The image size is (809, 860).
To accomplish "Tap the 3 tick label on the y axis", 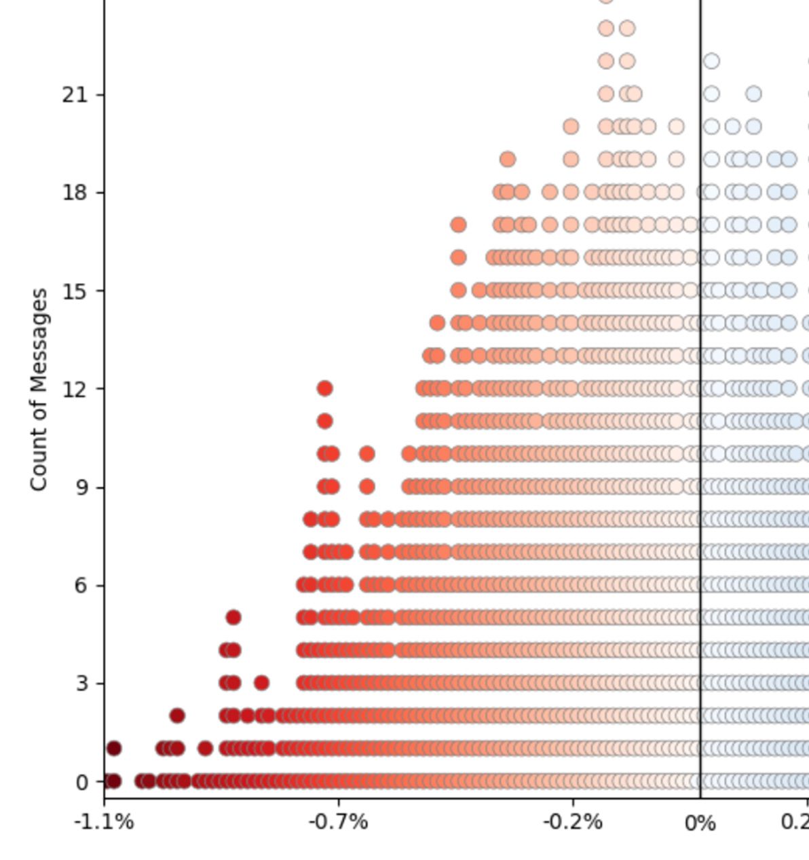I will click(81, 684).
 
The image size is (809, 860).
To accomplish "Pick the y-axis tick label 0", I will click(82, 783).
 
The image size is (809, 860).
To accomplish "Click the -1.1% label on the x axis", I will click(104, 823).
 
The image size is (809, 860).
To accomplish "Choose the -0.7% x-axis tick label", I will click(338, 823).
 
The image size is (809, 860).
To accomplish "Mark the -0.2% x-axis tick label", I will click(572, 823).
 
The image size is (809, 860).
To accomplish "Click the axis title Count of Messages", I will click(39, 389).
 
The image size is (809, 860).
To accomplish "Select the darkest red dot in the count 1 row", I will click(113, 749).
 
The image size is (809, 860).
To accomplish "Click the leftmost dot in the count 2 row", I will click(177, 715).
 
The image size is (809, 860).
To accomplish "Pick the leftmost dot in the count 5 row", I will click(233, 618).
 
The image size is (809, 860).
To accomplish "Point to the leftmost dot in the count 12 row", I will click(324, 388).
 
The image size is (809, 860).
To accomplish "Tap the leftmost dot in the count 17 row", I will click(458, 225).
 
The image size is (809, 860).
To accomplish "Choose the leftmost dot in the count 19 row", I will click(507, 160).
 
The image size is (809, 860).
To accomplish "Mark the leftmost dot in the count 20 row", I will click(571, 126).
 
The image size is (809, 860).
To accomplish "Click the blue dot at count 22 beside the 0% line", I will click(711, 61).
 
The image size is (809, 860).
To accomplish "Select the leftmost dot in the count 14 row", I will click(437, 322).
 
